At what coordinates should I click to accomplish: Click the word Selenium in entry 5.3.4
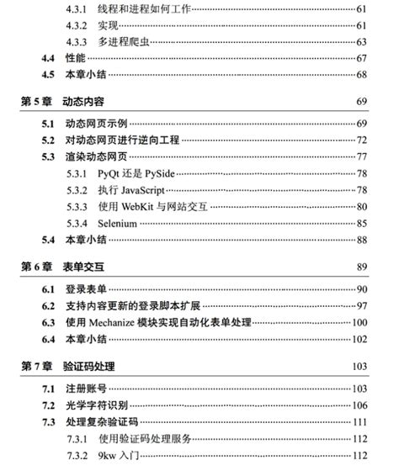point(118,223)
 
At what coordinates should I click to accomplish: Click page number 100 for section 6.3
point(360,322)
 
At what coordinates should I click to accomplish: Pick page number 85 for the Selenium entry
point(363,223)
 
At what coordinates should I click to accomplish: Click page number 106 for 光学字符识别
point(360,405)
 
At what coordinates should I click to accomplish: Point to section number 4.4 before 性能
point(49,58)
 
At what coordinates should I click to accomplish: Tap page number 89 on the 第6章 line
point(363,267)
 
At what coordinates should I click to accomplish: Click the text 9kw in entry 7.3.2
point(108,455)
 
